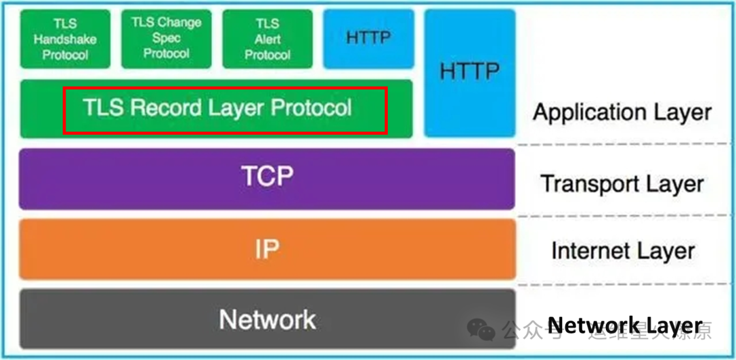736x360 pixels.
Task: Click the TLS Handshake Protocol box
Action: click(x=65, y=39)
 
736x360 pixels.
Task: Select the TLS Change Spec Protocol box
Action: click(x=166, y=38)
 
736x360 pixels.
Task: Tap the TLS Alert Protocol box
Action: click(x=267, y=39)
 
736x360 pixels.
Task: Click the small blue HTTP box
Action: click(x=369, y=39)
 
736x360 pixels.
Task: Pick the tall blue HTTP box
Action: click(x=470, y=72)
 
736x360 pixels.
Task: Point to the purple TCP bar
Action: click(x=266, y=178)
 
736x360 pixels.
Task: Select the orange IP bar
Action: click(x=266, y=249)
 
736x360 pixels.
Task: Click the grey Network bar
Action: click(x=266, y=319)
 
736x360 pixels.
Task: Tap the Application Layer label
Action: click(x=622, y=112)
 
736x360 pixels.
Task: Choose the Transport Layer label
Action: click(x=622, y=183)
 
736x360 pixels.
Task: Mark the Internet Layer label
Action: click(x=623, y=251)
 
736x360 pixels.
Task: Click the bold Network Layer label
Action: click(x=624, y=325)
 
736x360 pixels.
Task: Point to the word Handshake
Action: click(x=65, y=40)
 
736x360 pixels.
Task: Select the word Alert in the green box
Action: click(x=268, y=40)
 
